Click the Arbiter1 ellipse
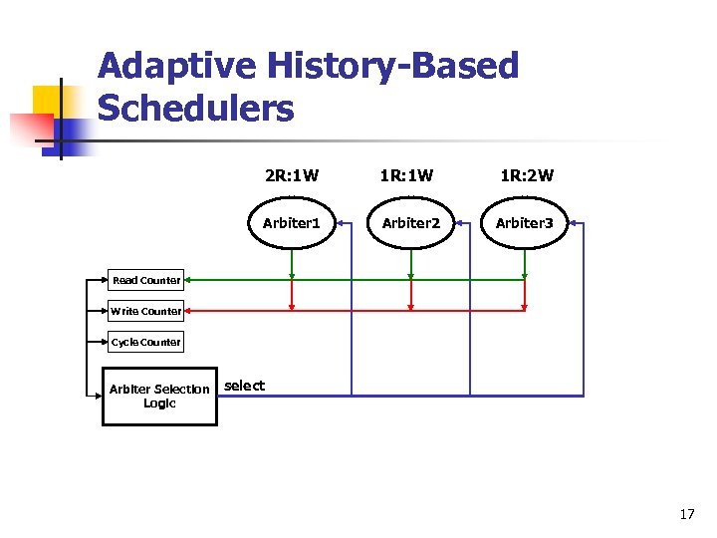[x=291, y=223]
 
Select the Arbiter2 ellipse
[x=411, y=223]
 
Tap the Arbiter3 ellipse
[x=525, y=223]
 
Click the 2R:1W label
[x=292, y=176]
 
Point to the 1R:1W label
[x=406, y=176]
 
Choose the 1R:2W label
[x=526, y=176]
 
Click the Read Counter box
[x=146, y=280]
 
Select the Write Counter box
[x=146, y=311]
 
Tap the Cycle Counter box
[x=146, y=342]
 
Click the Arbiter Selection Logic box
[x=159, y=397]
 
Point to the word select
[x=245, y=386]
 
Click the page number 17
[x=686, y=514]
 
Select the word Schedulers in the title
[x=196, y=109]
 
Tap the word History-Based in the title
[x=392, y=67]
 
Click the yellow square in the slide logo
[x=50, y=100]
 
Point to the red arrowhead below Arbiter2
[x=411, y=304]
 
